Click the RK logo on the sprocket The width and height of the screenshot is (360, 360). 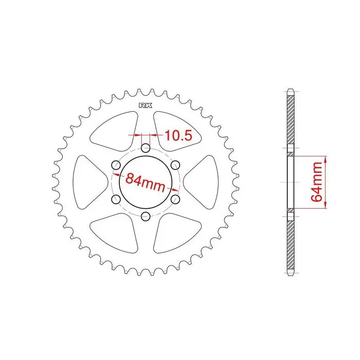click(146, 105)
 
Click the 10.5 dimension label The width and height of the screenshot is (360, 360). click(178, 135)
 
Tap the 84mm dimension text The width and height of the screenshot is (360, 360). click(146, 182)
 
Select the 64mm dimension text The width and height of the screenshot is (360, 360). click(317, 182)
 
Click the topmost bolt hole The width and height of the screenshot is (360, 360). click(146, 148)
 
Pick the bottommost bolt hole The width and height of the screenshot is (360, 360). click(146, 217)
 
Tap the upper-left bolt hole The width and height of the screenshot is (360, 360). click(116, 165)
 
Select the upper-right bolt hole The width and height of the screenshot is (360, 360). click(175, 165)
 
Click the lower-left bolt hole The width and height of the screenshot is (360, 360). click(116, 199)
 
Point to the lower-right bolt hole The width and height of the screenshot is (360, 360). click(175, 199)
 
